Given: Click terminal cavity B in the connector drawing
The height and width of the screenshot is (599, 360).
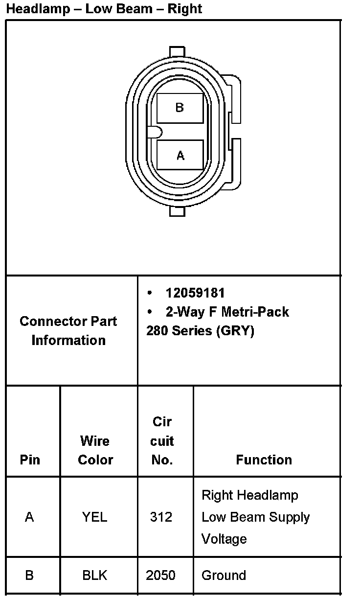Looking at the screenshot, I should tap(180, 108).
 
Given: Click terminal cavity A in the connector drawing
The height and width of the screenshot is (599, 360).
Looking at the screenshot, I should tap(180, 155).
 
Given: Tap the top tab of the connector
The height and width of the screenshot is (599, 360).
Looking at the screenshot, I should tap(177, 52).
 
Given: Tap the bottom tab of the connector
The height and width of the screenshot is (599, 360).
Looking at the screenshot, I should tap(177, 210).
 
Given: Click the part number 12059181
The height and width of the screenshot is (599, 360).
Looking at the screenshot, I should tap(195, 293).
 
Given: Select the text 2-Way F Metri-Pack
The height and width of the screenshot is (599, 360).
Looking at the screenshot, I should tap(227, 312).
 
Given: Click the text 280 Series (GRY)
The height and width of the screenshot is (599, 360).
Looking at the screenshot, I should tap(200, 331).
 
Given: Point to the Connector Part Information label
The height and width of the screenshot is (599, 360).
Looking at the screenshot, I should tap(68, 331).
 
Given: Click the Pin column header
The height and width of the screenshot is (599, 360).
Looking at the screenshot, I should tap(30, 460).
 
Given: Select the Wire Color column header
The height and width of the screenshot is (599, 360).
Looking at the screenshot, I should tap(95, 450).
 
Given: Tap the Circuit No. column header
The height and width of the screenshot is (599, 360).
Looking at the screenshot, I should tap(162, 440).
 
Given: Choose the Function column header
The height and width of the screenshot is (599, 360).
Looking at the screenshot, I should tap(264, 460).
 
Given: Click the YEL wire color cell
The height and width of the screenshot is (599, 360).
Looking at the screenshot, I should tap(95, 517).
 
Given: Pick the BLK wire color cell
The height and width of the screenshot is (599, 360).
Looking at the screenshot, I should tap(95, 576).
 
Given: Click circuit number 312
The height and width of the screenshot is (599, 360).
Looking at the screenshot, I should tap(161, 517).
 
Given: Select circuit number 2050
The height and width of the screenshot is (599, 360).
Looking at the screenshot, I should tap(161, 576).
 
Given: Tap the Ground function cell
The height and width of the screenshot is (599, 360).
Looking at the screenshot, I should tap(224, 576).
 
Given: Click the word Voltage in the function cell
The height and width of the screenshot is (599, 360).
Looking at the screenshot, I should tap(224, 539).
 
